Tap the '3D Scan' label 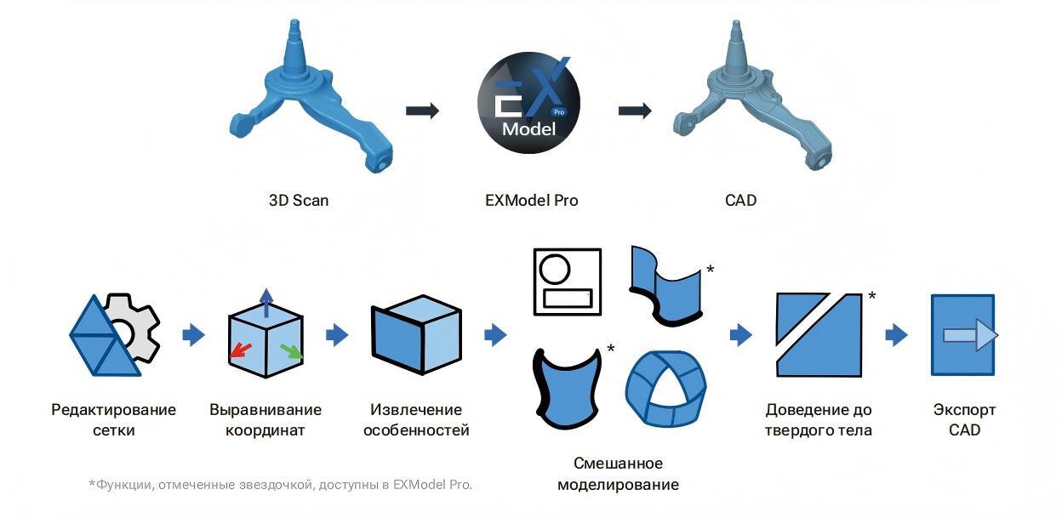pos(299,201)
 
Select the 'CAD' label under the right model pos(739,201)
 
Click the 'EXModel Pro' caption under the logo pos(531,201)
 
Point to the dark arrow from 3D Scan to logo pos(422,111)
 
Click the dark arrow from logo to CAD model pos(635,111)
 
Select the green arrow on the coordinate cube pos(291,349)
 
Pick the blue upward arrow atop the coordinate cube pos(266,301)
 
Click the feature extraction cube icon pos(416,335)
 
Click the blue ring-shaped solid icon pos(665,388)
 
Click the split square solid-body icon pos(819,335)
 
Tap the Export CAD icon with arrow pos(963,335)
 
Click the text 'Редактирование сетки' pos(114,419)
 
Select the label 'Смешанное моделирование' pos(618,474)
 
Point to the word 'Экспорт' pos(964,410)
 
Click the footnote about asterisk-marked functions pos(280,485)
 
